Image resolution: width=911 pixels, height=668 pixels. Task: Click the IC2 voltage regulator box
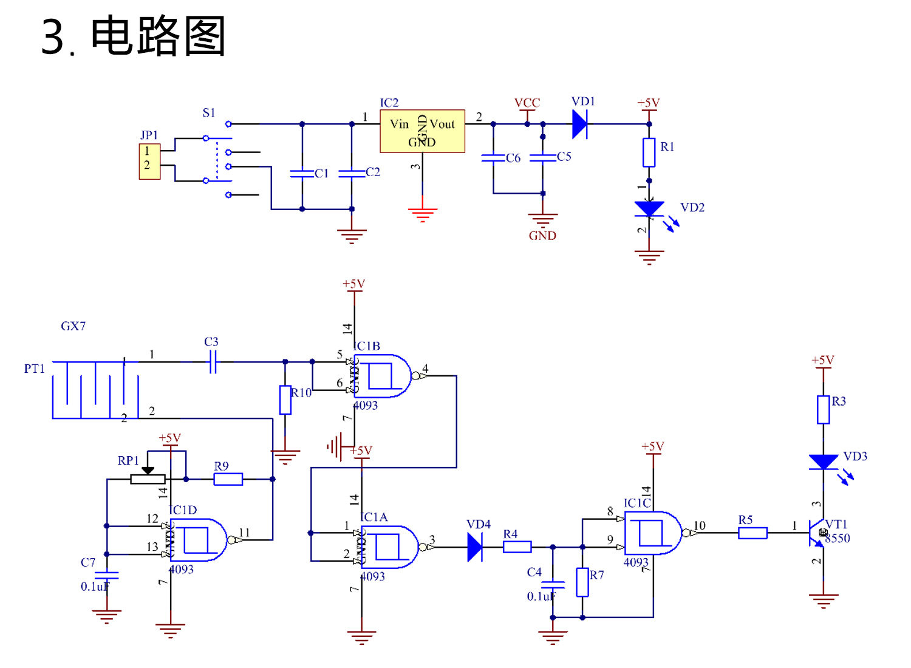(x=422, y=131)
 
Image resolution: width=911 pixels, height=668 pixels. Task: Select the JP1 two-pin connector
(x=149, y=162)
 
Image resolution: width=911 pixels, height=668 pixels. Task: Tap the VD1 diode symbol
(x=580, y=124)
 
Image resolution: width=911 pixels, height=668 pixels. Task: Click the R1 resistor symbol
(x=649, y=152)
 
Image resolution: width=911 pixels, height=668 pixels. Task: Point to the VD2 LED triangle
(x=649, y=209)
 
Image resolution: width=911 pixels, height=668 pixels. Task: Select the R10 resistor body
(x=285, y=400)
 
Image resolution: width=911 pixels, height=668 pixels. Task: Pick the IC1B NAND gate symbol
(x=381, y=376)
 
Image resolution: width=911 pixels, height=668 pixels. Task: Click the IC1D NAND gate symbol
(x=198, y=540)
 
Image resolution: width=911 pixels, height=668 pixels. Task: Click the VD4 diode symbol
(x=475, y=547)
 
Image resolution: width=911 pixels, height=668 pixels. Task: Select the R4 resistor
(x=517, y=547)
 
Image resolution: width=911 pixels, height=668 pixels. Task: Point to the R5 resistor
(x=752, y=533)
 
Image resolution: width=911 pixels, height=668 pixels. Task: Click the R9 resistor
(x=228, y=479)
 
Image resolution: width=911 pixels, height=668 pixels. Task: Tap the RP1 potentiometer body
(x=148, y=479)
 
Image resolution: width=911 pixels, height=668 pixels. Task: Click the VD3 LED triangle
(x=824, y=462)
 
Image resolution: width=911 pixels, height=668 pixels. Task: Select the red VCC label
(x=527, y=103)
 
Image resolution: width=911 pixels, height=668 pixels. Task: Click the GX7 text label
(x=73, y=326)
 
